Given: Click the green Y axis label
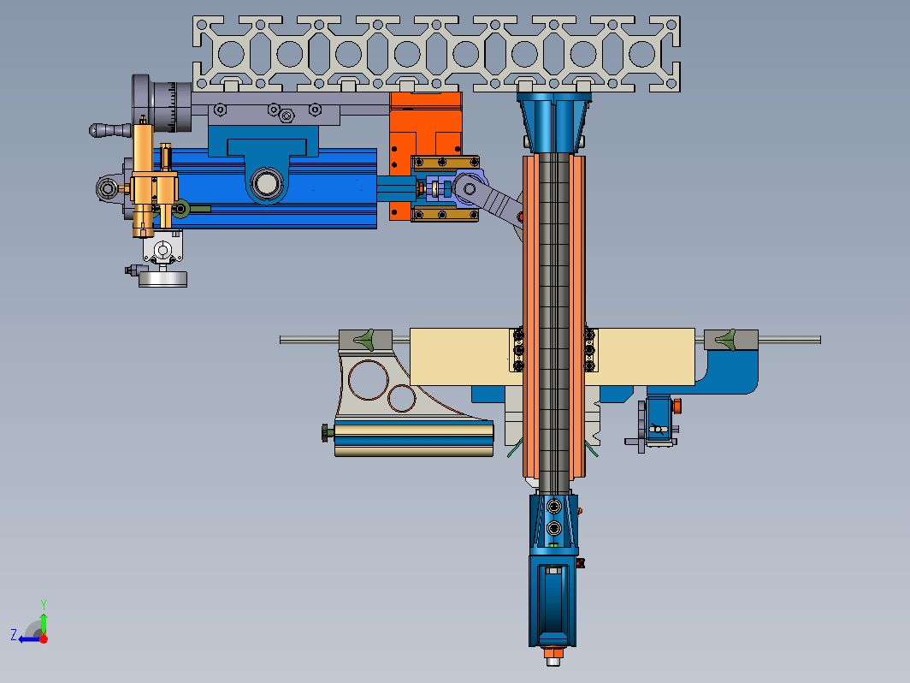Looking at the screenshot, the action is [x=44, y=604].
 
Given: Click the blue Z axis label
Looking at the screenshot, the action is [x=14, y=635].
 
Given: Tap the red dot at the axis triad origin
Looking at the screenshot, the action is [x=44, y=638].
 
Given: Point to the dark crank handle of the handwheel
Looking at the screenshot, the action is [x=109, y=130].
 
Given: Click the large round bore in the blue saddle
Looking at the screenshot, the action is [x=266, y=183].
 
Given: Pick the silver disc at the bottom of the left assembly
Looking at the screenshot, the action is [x=162, y=279].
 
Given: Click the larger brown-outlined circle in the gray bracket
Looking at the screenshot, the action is [x=369, y=380].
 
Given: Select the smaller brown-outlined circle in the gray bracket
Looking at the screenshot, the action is [x=401, y=398].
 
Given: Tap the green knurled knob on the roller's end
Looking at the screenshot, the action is [x=328, y=433].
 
